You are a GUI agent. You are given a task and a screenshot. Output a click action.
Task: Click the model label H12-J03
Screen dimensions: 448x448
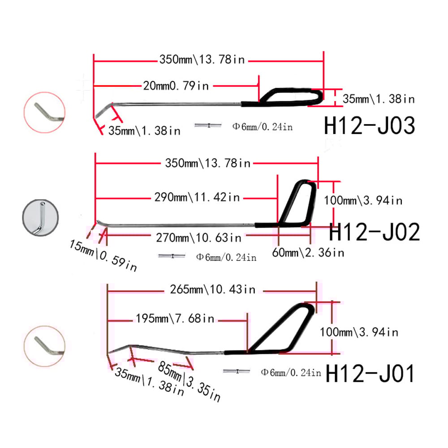[x=369, y=126]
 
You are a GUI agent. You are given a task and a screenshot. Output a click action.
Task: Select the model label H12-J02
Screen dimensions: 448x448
[x=374, y=232]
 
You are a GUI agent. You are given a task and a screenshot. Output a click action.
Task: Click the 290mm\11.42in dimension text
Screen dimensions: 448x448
[x=197, y=197]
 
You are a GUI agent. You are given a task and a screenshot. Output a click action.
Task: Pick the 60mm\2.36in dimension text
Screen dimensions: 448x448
[x=308, y=253]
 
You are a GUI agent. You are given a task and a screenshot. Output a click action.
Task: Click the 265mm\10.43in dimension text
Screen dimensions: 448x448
[x=213, y=289]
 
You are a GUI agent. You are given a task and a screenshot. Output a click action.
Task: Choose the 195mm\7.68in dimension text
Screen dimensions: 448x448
[x=175, y=319]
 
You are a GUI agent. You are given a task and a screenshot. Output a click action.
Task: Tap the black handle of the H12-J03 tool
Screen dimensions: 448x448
[x=287, y=97]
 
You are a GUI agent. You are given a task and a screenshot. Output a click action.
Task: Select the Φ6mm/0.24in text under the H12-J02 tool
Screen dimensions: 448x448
[x=226, y=257]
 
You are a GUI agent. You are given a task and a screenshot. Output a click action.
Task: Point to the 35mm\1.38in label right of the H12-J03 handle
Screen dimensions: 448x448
[x=379, y=98]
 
